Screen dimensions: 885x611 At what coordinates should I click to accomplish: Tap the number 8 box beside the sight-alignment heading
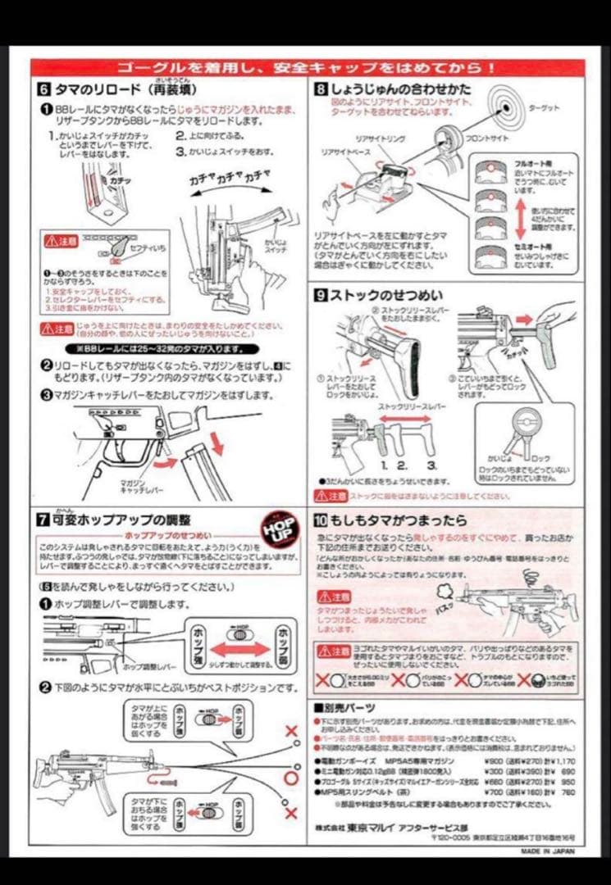pos(321,88)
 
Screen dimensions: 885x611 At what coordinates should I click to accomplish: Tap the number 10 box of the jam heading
pos(321,520)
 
